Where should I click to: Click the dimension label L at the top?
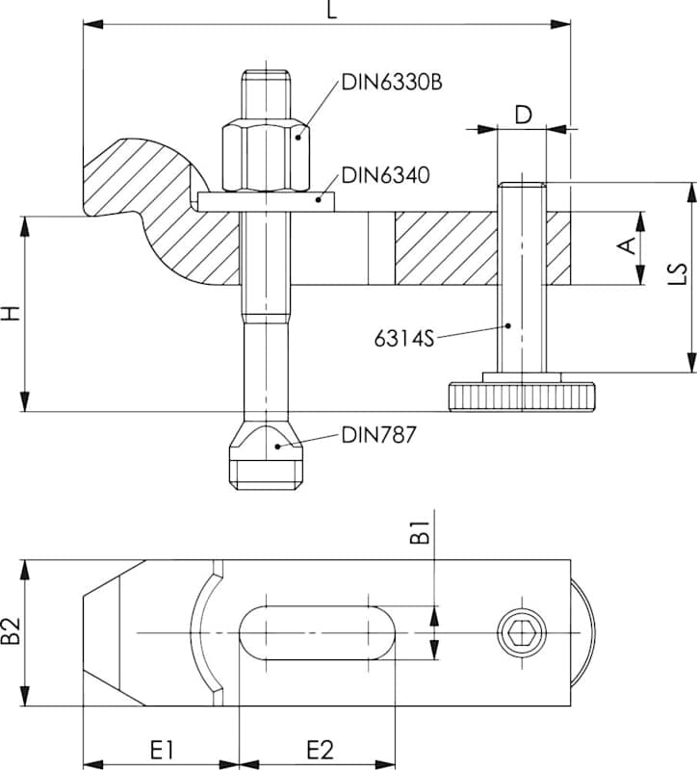pyautogui.click(x=331, y=12)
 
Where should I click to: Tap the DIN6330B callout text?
pyautogui.click(x=392, y=82)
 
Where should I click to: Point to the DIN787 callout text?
pyautogui.click(x=378, y=435)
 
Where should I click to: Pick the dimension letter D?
pyautogui.click(x=522, y=115)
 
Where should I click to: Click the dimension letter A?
pyautogui.click(x=627, y=247)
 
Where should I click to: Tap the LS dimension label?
pyautogui.click(x=678, y=276)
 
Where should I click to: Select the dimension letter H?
pyautogui.click(x=11, y=314)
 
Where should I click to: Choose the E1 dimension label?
pyautogui.click(x=160, y=749)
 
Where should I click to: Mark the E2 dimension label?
pyautogui.click(x=319, y=749)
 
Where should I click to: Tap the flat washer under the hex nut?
pyautogui.click(x=266, y=201)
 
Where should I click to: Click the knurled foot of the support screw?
pyautogui.click(x=521, y=395)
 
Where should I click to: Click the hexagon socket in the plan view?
pyautogui.click(x=522, y=632)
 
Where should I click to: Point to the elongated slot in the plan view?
pyautogui.click(x=315, y=632)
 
